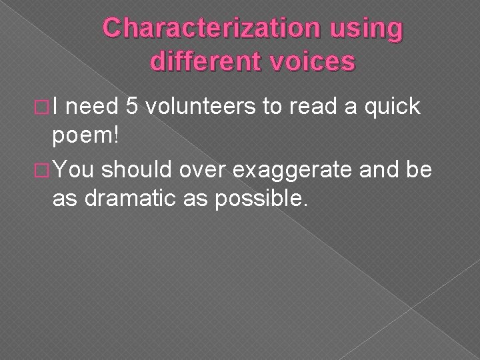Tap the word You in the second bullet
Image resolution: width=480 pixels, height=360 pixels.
coord(79,170)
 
